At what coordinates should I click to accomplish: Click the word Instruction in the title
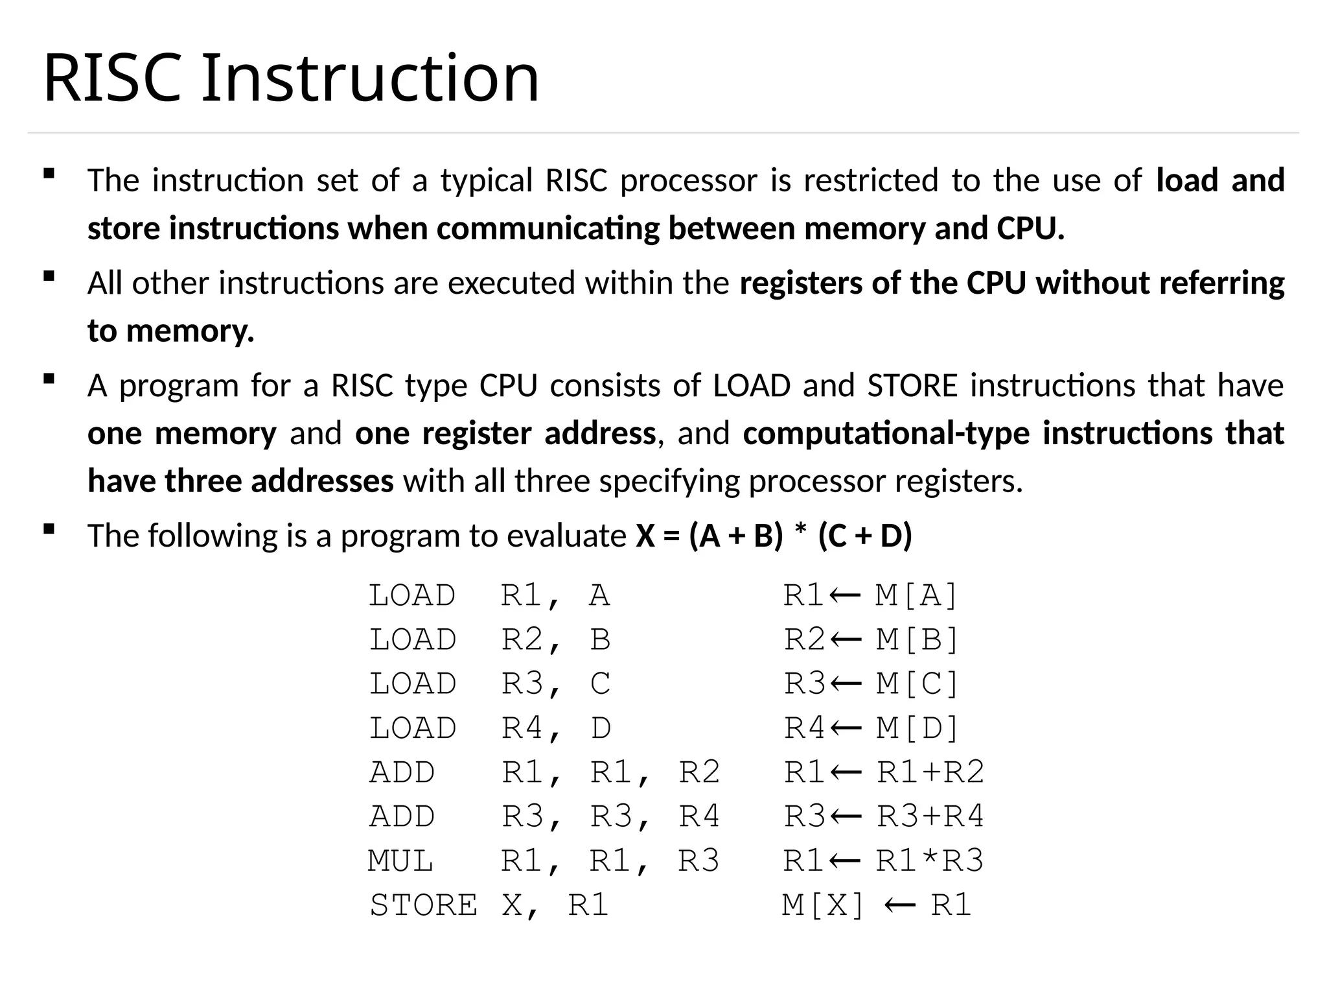[x=370, y=78]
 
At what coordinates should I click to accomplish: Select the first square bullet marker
[x=49, y=174]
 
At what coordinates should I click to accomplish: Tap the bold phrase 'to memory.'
[x=171, y=331]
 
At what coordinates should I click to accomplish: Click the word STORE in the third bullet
[x=912, y=386]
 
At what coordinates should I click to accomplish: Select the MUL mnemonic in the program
[x=400, y=861]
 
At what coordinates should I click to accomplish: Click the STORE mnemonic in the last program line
[x=423, y=905]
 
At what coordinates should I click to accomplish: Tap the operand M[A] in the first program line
[x=916, y=595]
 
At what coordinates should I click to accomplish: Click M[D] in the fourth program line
[x=917, y=728]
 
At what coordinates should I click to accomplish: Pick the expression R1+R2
[x=930, y=772]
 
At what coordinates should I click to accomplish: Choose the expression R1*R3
[x=930, y=861]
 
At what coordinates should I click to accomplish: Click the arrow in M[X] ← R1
[x=899, y=905]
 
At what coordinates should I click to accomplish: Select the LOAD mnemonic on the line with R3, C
[x=413, y=684]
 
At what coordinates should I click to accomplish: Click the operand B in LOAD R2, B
[x=601, y=640]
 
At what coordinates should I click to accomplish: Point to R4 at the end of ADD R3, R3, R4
[x=699, y=816]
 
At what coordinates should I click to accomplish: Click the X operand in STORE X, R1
[x=512, y=905]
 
